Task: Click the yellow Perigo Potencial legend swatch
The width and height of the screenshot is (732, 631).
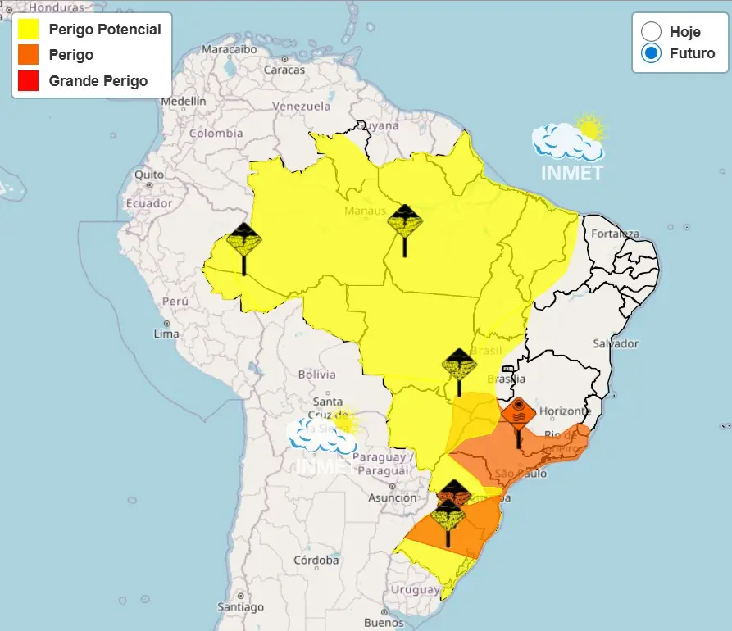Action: [x=28, y=30]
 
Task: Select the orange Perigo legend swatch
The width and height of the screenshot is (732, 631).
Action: [x=28, y=55]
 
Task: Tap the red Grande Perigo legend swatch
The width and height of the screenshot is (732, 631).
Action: [x=28, y=80]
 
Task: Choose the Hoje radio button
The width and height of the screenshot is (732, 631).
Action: [x=652, y=32]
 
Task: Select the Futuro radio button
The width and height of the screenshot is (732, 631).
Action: [x=652, y=53]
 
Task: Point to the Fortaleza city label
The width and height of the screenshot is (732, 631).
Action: [x=615, y=234]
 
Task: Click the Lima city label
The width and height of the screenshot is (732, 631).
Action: [x=166, y=334]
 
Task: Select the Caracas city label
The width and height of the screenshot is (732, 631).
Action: [x=284, y=70]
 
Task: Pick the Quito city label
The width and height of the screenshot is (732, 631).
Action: [x=149, y=175]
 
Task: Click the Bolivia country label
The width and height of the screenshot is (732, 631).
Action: [x=316, y=375]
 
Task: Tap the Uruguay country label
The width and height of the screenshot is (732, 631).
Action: [x=415, y=589]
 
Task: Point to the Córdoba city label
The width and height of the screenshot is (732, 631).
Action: [x=316, y=561]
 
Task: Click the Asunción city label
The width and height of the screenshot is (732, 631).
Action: [x=392, y=497]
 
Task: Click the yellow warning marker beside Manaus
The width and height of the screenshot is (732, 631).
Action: [x=405, y=221]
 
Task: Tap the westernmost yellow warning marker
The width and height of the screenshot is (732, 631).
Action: [x=243, y=240]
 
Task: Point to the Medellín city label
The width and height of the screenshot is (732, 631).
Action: [x=184, y=101]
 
